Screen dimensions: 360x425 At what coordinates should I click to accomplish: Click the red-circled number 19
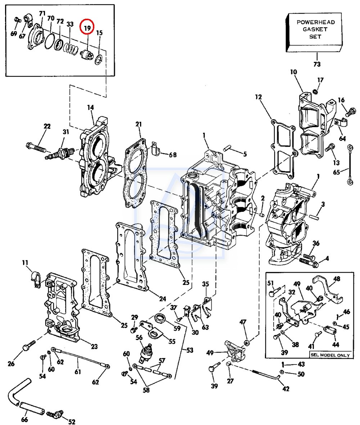point(87,28)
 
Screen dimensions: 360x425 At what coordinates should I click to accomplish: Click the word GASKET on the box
point(315,29)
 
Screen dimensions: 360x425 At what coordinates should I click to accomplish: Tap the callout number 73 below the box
point(317,64)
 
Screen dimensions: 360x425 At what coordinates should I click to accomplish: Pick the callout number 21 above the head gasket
point(138,124)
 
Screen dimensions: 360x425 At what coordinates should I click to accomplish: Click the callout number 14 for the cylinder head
point(90,107)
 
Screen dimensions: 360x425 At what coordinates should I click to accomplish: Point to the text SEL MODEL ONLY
point(330,355)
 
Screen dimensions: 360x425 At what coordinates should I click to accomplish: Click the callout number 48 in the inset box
point(337,279)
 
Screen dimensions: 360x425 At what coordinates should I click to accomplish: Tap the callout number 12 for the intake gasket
point(258,97)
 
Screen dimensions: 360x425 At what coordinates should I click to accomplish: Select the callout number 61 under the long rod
point(78,372)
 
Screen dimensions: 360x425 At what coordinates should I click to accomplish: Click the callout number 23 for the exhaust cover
point(94,346)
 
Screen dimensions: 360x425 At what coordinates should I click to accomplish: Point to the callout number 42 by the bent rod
point(286,389)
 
